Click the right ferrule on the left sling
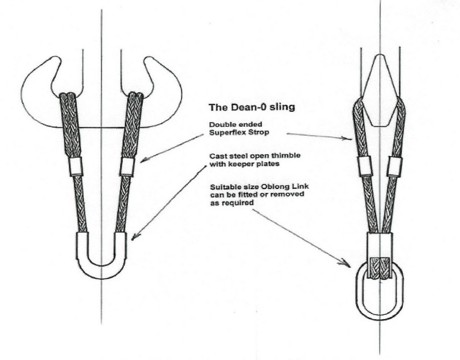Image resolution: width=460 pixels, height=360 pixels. (127, 167)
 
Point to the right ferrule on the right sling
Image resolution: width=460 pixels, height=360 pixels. (394, 167)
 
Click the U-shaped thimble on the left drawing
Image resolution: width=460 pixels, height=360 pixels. (101, 268)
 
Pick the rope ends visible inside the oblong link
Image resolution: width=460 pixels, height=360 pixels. (379, 269)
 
